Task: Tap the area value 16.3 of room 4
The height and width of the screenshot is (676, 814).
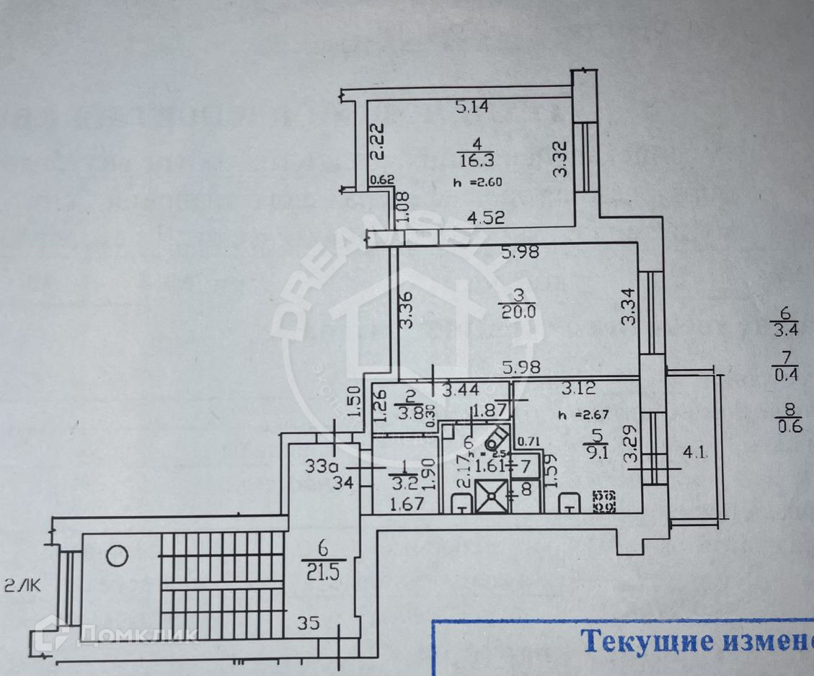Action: [472, 159]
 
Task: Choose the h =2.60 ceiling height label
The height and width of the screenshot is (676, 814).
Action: [477, 182]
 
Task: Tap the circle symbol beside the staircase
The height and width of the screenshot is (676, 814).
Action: [118, 556]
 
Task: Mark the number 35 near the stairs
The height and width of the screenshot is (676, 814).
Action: [308, 624]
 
